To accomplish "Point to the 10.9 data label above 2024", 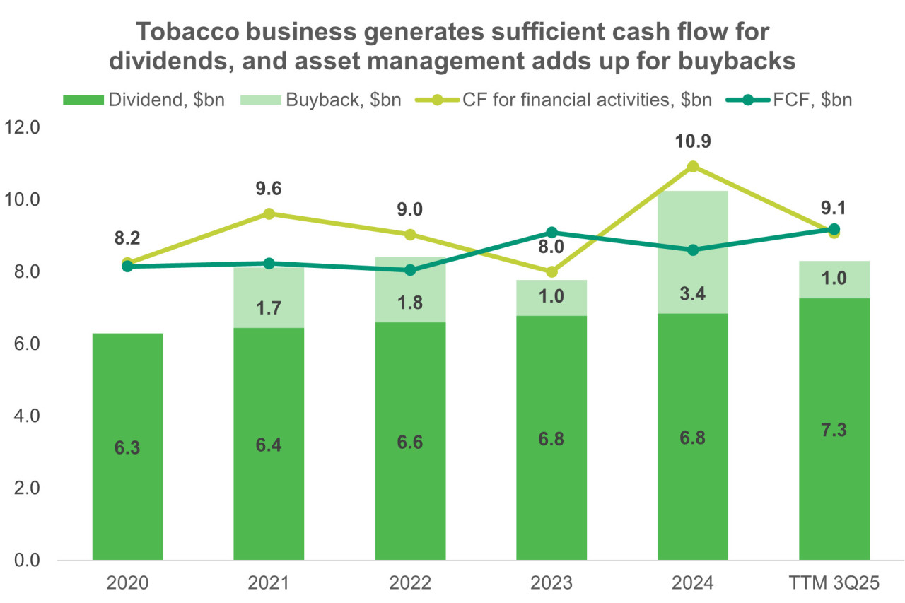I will point(693,141).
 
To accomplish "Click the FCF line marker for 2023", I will point(551,233).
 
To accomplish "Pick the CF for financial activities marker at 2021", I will point(269,213).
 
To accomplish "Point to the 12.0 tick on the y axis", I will point(24,128).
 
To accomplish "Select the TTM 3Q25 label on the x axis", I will point(834,584).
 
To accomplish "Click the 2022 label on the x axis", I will point(410,584).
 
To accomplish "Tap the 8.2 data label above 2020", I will point(127,239).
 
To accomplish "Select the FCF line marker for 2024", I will point(693,250).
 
